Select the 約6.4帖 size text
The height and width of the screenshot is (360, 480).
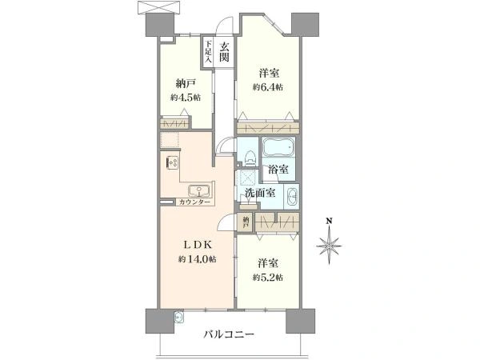(x=268, y=87)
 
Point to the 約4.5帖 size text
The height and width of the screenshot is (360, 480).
(x=186, y=98)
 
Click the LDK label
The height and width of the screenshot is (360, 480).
(x=198, y=244)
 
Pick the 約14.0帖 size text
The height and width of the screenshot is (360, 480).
(x=198, y=259)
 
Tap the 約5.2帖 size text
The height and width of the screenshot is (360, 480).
(x=268, y=278)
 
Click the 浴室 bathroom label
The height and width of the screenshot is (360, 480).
(x=278, y=169)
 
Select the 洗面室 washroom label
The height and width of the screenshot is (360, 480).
(x=260, y=193)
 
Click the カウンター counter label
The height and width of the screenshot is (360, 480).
(x=194, y=202)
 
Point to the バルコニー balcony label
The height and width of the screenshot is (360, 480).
(x=229, y=334)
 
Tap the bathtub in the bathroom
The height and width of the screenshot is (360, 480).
(x=278, y=146)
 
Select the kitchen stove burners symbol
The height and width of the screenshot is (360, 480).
(x=172, y=162)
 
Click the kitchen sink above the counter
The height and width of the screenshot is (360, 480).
(x=199, y=191)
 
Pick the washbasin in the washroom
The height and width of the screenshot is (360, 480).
(x=293, y=196)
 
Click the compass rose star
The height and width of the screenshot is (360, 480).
(x=329, y=246)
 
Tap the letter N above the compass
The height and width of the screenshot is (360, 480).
(x=329, y=220)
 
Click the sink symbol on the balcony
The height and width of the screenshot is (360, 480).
(x=178, y=318)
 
